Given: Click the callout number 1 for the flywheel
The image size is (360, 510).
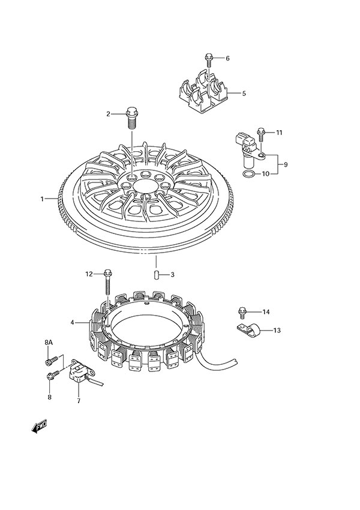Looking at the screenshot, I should [x=43, y=199].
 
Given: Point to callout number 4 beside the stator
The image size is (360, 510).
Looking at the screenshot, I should [x=72, y=322].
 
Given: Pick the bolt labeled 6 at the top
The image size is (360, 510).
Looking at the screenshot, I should [x=208, y=59].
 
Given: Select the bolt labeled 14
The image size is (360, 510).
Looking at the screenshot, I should [x=242, y=311].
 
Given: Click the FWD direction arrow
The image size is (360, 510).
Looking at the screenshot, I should [x=40, y=427].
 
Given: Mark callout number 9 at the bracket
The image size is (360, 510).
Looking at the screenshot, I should [x=286, y=164].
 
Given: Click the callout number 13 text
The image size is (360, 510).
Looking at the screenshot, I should [x=277, y=331].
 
